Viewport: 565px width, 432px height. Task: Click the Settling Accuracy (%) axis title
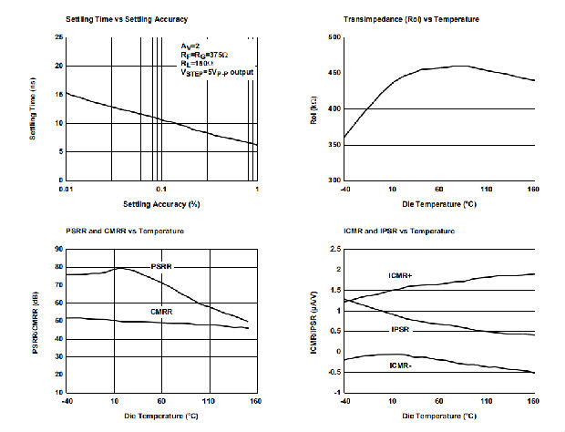160,202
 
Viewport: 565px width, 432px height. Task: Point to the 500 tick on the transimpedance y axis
334,37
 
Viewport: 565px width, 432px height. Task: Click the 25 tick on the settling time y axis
58,37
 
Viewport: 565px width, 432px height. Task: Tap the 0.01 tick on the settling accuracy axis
65,190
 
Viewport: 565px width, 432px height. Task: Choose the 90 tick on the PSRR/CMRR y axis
58,249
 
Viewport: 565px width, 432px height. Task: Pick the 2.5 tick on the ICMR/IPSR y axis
334,249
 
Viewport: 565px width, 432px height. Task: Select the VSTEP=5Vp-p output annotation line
217,72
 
